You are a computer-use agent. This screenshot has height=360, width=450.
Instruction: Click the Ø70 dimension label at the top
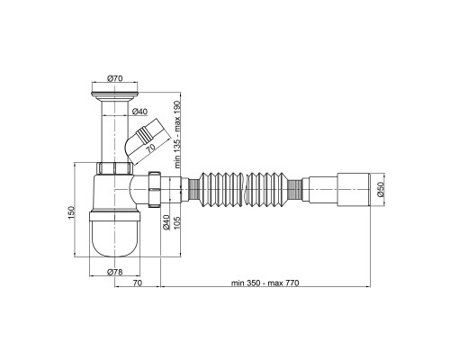(115, 78)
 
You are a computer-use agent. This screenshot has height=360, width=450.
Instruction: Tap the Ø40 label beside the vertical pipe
(139, 112)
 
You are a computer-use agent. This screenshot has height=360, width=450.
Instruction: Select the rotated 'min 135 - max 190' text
(178, 135)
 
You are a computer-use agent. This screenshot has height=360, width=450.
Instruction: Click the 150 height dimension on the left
(71, 212)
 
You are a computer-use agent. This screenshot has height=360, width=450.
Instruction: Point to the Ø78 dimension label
(115, 272)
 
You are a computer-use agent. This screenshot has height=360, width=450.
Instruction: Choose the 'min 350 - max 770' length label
(265, 283)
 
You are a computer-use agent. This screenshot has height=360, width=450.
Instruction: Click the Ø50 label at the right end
(381, 189)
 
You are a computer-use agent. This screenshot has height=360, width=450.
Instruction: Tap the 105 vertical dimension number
(177, 223)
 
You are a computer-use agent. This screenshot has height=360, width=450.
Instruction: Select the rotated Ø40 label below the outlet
(166, 222)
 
